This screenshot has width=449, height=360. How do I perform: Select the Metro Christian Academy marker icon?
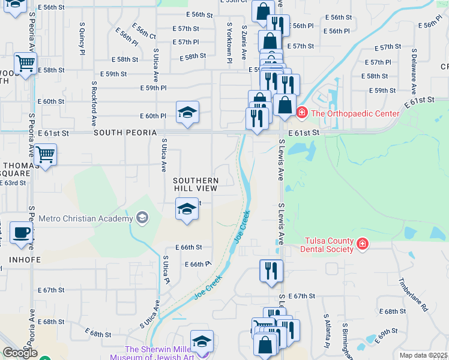click(x=142, y=217)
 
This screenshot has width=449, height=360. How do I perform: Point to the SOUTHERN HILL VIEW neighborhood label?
click(x=195, y=184)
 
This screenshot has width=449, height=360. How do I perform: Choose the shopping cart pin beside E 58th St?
click(x=26, y=63)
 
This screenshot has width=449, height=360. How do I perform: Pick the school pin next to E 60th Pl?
click(x=187, y=111)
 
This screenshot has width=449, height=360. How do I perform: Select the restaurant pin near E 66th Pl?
click(x=271, y=270)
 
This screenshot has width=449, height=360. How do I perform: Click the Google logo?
click(x=20, y=353)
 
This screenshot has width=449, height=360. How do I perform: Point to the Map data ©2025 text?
click(x=424, y=355)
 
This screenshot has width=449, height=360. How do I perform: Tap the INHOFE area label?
click(x=25, y=260)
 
